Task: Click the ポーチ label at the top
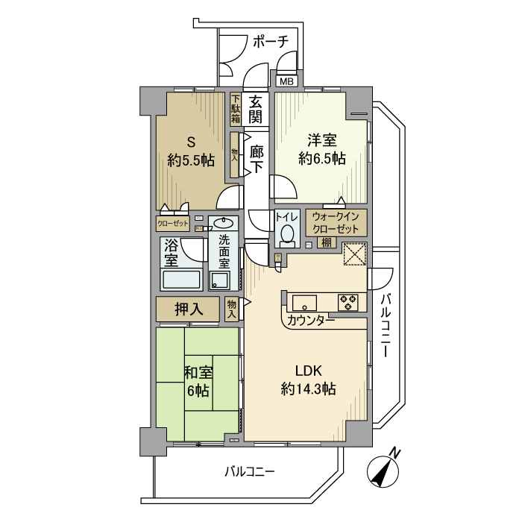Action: (270, 42)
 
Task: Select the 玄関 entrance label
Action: (256, 110)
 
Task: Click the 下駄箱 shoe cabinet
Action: (236, 109)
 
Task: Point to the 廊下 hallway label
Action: (256, 159)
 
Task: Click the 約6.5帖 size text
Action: (321, 158)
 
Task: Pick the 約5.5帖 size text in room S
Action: (192, 159)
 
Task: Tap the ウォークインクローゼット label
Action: (336, 221)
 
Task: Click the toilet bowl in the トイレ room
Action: (286, 236)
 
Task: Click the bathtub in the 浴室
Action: (181, 280)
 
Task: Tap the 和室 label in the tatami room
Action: (198, 373)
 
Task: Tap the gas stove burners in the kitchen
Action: (348, 302)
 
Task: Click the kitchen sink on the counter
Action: (304, 302)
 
